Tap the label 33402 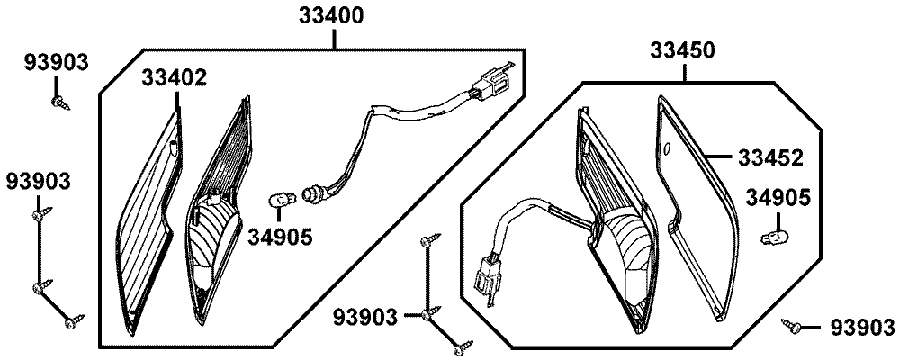tap(174, 78)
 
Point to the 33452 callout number tap(771, 157)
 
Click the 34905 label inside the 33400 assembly tap(282, 237)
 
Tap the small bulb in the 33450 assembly tap(771, 238)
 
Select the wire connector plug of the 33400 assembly tap(492, 81)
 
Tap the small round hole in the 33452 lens tap(666, 148)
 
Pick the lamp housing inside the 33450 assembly tap(616, 225)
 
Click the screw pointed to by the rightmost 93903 tap(793, 325)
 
